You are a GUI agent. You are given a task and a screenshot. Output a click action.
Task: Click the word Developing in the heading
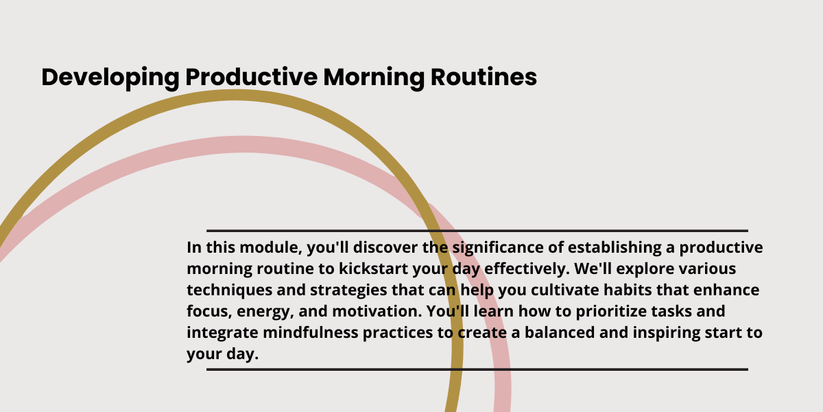(110, 78)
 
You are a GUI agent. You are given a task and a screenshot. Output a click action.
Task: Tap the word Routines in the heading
(484, 77)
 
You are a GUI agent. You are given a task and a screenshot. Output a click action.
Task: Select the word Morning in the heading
(374, 78)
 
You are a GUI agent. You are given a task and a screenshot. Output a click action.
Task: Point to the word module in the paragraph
(271, 248)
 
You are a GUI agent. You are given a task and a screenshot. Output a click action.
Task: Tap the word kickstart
(373, 269)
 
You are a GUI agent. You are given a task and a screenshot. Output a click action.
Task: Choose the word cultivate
(565, 290)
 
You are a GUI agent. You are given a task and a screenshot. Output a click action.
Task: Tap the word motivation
(377, 312)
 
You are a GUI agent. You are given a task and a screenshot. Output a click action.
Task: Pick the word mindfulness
(311, 333)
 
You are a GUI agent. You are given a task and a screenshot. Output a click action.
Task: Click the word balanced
(560, 333)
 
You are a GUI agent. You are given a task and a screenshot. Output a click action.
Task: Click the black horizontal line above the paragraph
(477, 231)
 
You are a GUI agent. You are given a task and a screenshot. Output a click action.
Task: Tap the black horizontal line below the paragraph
(477, 369)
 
